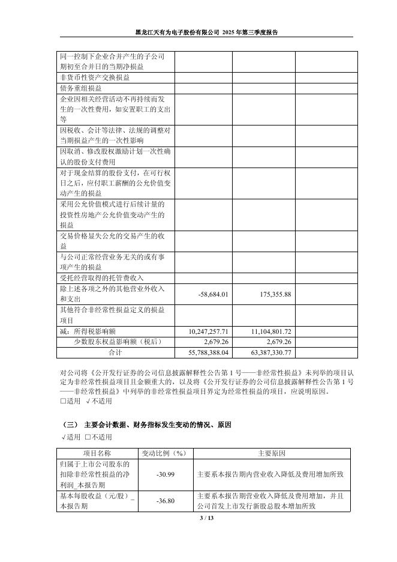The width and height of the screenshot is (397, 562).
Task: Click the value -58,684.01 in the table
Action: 213,295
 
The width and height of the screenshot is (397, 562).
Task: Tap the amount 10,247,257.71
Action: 209,331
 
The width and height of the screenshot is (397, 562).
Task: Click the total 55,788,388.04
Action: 209,352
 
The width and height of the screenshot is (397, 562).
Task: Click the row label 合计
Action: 115,352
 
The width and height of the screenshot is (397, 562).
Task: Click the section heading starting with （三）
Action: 146,425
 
